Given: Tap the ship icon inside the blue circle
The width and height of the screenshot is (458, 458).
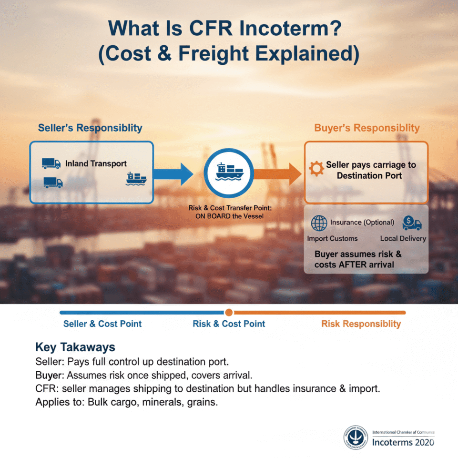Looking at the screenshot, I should [228, 172].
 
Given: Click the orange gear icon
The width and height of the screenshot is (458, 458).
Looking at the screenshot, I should [316, 169].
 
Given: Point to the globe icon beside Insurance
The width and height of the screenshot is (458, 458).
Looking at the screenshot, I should [319, 223].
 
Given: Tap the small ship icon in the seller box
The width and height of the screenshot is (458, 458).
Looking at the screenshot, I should [136, 178].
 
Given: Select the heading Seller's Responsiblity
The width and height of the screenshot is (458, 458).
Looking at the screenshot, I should [90, 128].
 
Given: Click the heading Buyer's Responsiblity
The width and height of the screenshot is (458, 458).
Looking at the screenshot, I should [367, 128].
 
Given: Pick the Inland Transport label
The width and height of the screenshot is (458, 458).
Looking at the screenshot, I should [96, 163].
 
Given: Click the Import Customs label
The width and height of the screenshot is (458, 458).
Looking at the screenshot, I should [332, 238].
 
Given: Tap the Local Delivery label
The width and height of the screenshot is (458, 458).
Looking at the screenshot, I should [403, 238].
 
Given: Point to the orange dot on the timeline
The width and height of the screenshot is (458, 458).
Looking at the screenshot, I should [229, 312].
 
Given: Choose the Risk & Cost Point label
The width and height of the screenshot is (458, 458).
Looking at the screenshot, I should [229, 324].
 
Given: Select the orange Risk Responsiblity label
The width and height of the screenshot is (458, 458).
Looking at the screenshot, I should [361, 324].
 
